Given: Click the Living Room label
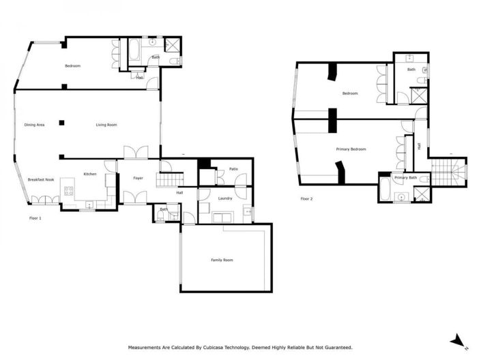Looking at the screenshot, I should pyautogui.click(x=106, y=125).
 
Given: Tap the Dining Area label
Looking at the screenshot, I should pyautogui.click(x=35, y=125).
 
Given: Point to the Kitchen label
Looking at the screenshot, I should pyautogui.click(x=90, y=175).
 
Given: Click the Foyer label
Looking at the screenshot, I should pyautogui.click(x=138, y=178).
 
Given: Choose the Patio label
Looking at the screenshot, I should pyautogui.click(x=233, y=168).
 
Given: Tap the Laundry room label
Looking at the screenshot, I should pyautogui.click(x=225, y=198).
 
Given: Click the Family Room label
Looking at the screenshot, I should pyautogui.click(x=222, y=260).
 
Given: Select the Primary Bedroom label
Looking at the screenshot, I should pyautogui.click(x=351, y=149).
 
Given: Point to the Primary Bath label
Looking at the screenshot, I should pyautogui.click(x=405, y=178).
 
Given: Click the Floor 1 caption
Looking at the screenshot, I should pyautogui.click(x=35, y=218).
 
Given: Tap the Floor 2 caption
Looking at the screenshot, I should pyautogui.click(x=306, y=199).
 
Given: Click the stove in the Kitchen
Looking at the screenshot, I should pyautogui.click(x=69, y=191).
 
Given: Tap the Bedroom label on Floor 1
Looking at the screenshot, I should pyautogui.click(x=73, y=65).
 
